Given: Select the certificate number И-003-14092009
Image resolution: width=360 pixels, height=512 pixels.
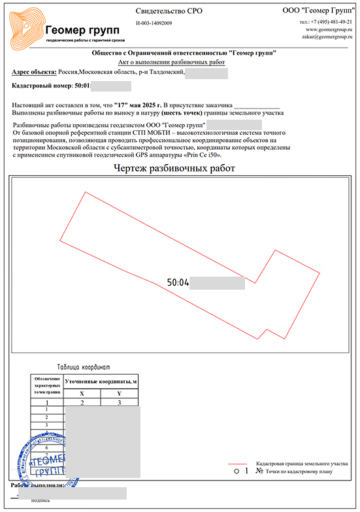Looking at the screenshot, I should (154, 24).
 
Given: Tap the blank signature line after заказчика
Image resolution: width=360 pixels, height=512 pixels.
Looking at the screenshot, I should (256, 105).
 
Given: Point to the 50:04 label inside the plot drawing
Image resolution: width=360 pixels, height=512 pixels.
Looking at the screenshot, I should (178, 283).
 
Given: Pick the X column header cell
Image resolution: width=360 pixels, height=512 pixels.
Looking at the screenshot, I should (82, 394).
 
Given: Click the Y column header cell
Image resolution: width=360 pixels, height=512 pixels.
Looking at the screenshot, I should (119, 394).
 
